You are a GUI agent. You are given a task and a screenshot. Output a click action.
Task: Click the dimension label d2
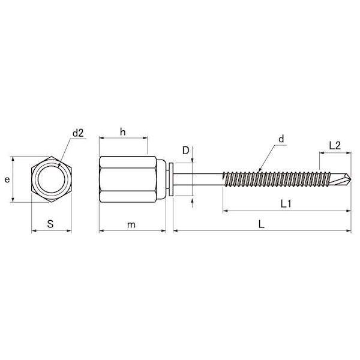point(78,133)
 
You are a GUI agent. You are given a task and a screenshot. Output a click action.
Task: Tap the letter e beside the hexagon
point(7,179)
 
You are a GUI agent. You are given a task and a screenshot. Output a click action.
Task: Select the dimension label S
point(50,224)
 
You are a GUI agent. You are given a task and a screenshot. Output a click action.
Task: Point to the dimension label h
point(123,132)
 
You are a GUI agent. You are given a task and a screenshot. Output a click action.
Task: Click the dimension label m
point(131,225)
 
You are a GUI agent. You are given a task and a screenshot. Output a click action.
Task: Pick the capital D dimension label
point(185,151)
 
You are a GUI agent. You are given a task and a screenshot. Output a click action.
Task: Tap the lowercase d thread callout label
point(281,139)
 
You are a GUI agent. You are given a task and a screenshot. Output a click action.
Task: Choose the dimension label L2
point(335,146)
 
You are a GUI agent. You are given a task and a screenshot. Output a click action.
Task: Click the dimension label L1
point(286,203)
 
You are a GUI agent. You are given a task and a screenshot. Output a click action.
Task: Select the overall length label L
point(262,224)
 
